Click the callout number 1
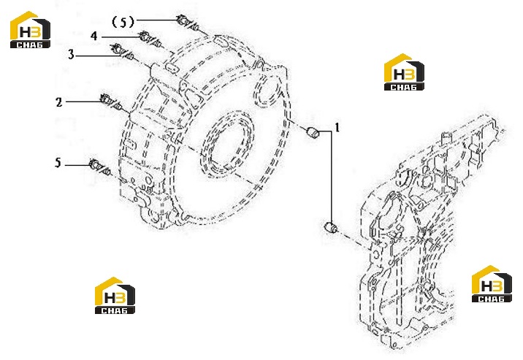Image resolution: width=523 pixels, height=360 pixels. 337,128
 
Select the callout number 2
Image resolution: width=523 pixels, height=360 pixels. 59,102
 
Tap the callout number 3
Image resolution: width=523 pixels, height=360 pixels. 71,54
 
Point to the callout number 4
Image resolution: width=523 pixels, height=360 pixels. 94,36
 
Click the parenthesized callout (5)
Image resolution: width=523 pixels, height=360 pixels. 123,23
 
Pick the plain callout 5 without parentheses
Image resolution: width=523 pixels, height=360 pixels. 58,163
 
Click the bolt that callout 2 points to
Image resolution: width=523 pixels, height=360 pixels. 110,102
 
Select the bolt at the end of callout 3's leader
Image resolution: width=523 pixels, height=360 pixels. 122,53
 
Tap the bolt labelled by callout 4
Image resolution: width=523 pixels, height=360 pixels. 150,39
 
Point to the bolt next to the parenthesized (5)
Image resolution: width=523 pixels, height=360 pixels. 188,23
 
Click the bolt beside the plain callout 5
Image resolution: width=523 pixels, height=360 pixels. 100,166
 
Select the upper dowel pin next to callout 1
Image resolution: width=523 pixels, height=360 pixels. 313,131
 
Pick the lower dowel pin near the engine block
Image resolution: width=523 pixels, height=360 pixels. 331,227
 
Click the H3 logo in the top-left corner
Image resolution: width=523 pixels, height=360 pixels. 31,30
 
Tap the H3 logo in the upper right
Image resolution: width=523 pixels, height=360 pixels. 404,72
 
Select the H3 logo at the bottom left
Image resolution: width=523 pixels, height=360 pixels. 115,295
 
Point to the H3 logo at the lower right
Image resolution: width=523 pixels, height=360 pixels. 492,284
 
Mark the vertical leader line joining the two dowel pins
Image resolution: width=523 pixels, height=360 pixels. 331,176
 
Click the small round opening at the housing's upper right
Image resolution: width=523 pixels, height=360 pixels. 269,90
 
